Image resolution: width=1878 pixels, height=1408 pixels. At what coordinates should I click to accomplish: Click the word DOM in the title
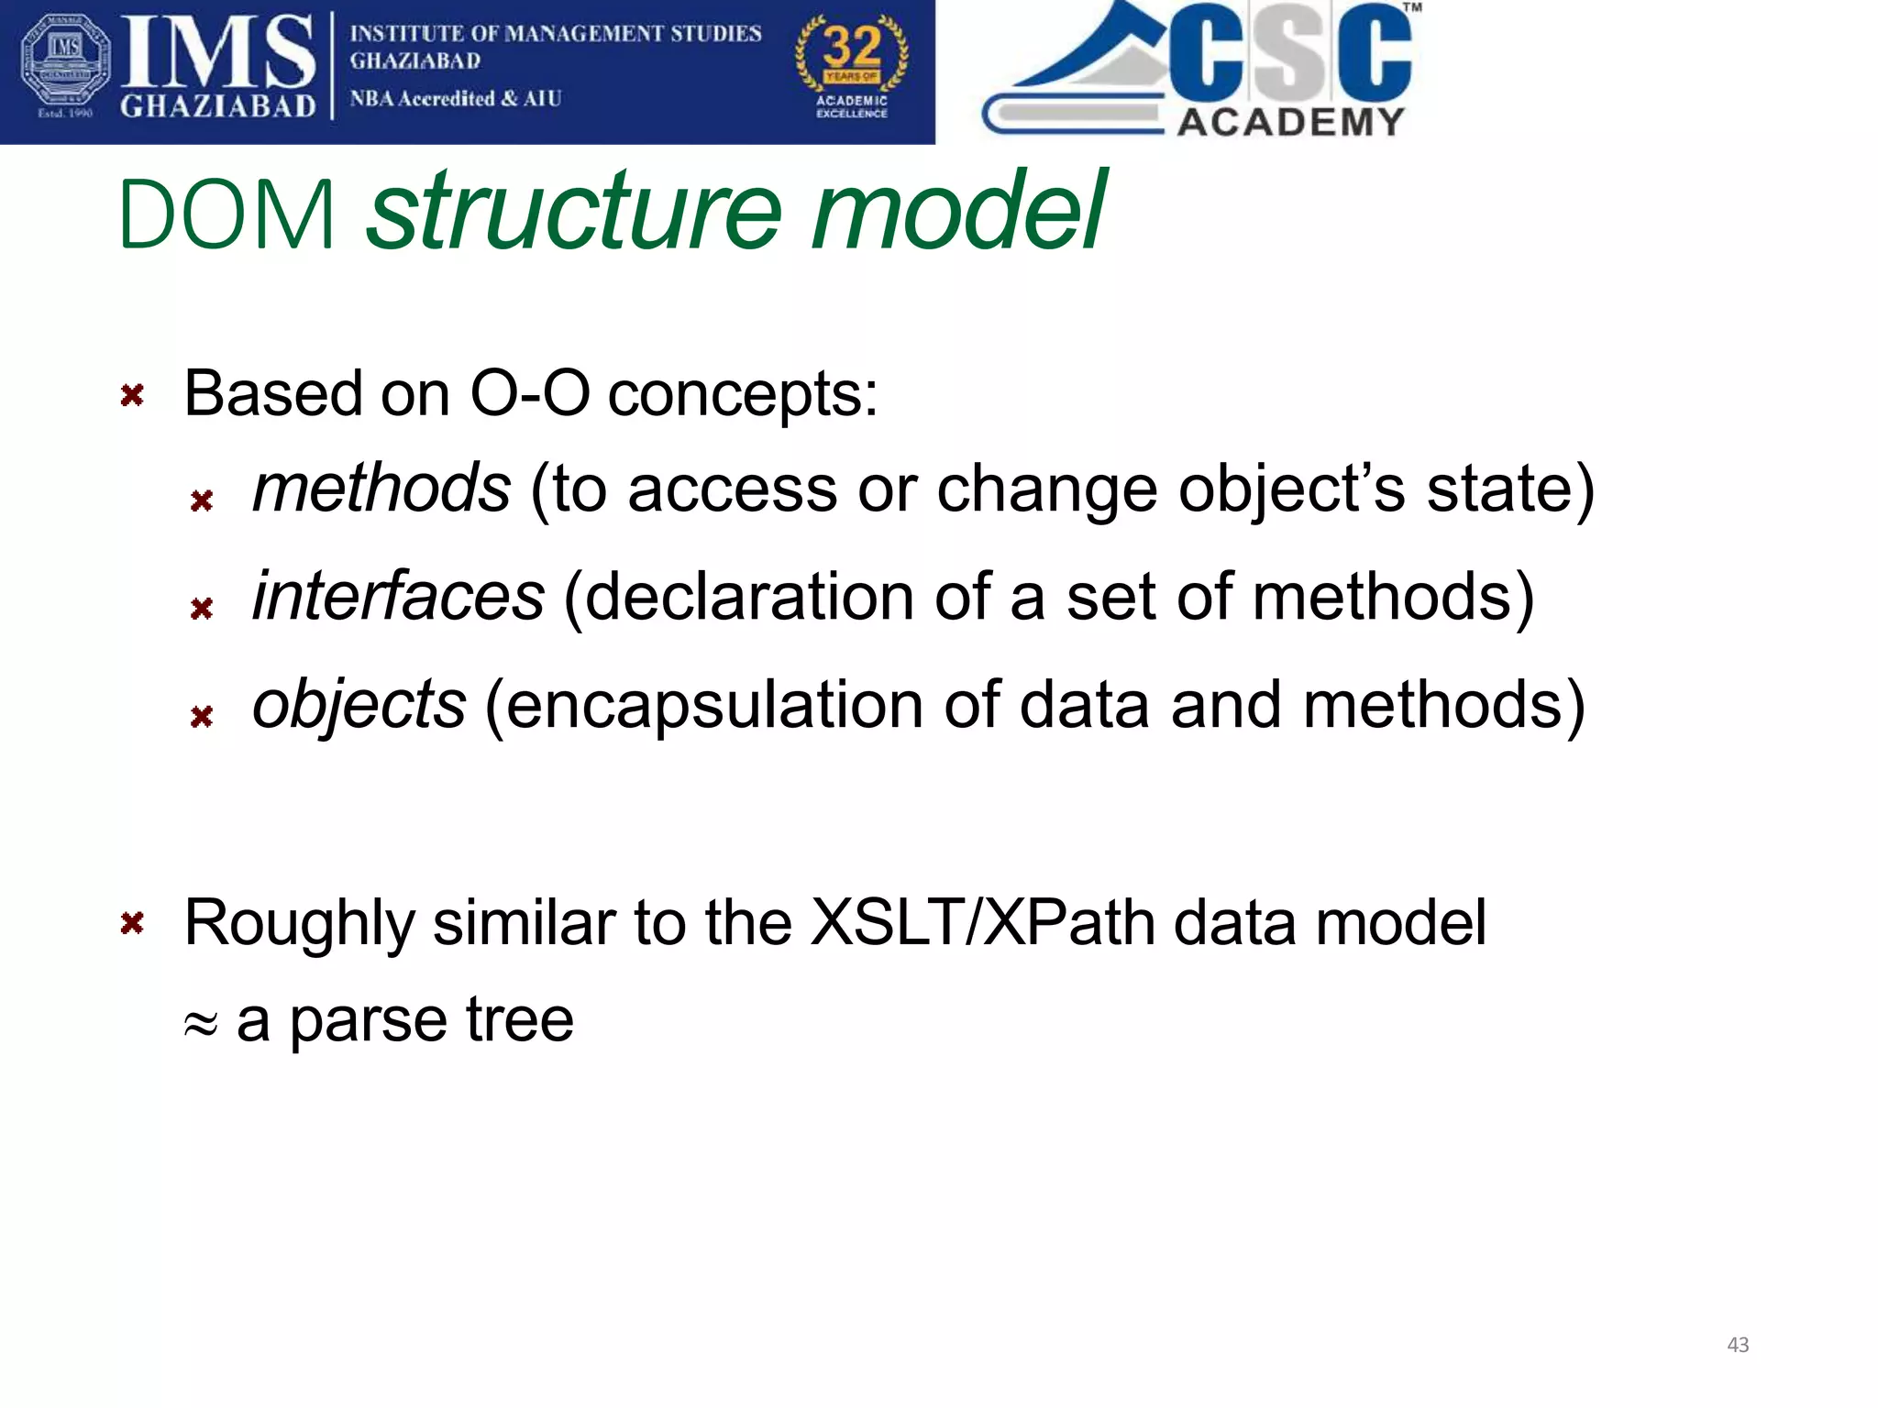tap(226, 216)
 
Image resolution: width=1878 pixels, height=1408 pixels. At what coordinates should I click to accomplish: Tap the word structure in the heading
tap(574, 213)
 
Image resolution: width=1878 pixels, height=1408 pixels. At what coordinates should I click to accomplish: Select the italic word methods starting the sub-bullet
tap(381, 489)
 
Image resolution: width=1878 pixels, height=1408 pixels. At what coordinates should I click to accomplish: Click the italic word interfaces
tap(398, 597)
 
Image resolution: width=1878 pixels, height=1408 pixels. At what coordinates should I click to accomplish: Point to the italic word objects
tap(359, 705)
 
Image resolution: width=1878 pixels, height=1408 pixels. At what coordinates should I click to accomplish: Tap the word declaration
tap(749, 597)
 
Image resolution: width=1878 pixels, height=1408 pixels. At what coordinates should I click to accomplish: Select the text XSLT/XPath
tap(983, 922)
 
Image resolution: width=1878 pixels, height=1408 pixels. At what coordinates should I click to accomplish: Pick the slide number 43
tap(1738, 1345)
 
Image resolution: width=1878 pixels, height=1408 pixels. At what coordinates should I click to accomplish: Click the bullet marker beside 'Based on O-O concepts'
tap(132, 396)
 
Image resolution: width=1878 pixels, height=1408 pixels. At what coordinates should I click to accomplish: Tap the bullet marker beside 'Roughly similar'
tap(132, 923)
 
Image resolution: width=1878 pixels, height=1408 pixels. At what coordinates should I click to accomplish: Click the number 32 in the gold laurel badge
tap(852, 46)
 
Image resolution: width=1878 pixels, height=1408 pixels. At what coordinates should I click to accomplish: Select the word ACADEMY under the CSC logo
tap(1290, 122)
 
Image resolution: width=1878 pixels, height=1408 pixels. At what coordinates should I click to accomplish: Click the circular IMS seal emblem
tap(64, 62)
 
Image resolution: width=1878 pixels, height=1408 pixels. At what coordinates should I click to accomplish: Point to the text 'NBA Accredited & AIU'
tap(455, 99)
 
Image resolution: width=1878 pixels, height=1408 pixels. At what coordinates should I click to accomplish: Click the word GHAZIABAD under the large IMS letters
tap(217, 106)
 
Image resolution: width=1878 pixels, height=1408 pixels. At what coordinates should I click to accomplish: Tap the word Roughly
tap(299, 924)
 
